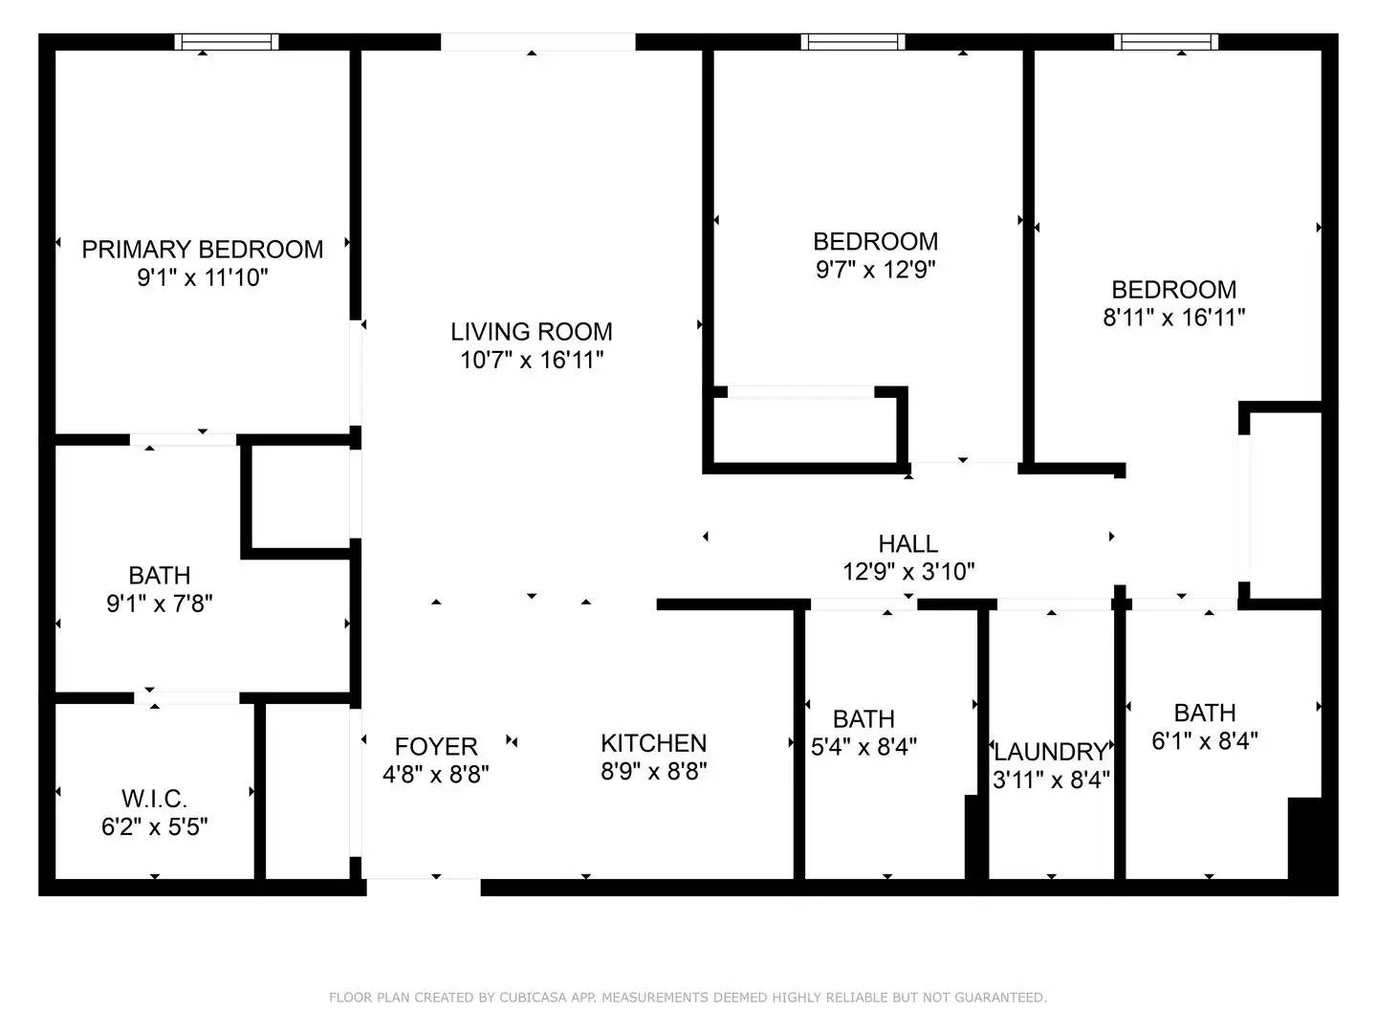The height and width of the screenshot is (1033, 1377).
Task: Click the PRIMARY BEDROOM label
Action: [x=202, y=250]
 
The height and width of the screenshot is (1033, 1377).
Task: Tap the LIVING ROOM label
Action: [x=532, y=332]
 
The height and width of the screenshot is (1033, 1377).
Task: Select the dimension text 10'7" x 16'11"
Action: [x=532, y=361]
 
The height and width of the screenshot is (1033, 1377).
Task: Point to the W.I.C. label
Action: [x=154, y=798]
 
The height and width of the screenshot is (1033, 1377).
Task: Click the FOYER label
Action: [x=436, y=746]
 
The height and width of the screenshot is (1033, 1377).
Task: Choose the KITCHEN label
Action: [x=654, y=743]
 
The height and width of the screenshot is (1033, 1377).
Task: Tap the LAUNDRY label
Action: [x=1051, y=752]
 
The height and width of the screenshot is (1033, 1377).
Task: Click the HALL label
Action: [x=908, y=544]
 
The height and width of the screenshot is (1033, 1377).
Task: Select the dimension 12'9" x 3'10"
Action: [x=908, y=572]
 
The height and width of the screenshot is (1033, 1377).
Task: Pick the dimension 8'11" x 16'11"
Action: [x=1174, y=318]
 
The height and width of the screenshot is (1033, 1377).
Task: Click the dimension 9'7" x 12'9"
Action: [x=875, y=270]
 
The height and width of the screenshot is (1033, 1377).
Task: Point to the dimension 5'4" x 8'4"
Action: [x=863, y=747]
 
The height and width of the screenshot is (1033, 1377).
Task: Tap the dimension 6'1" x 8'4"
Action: [x=1205, y=741]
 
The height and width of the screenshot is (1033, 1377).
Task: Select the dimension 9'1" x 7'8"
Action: [x=159, y=604]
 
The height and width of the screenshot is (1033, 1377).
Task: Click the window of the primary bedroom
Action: [x=227, y=41]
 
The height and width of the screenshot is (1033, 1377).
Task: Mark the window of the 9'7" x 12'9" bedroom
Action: [x=853, y=41]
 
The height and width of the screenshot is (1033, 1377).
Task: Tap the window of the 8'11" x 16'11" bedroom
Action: [x=1166, y=41]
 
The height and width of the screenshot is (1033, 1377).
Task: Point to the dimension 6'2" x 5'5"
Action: [x=154, y=826]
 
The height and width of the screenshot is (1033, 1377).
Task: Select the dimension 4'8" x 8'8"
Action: [x=436, y=775]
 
